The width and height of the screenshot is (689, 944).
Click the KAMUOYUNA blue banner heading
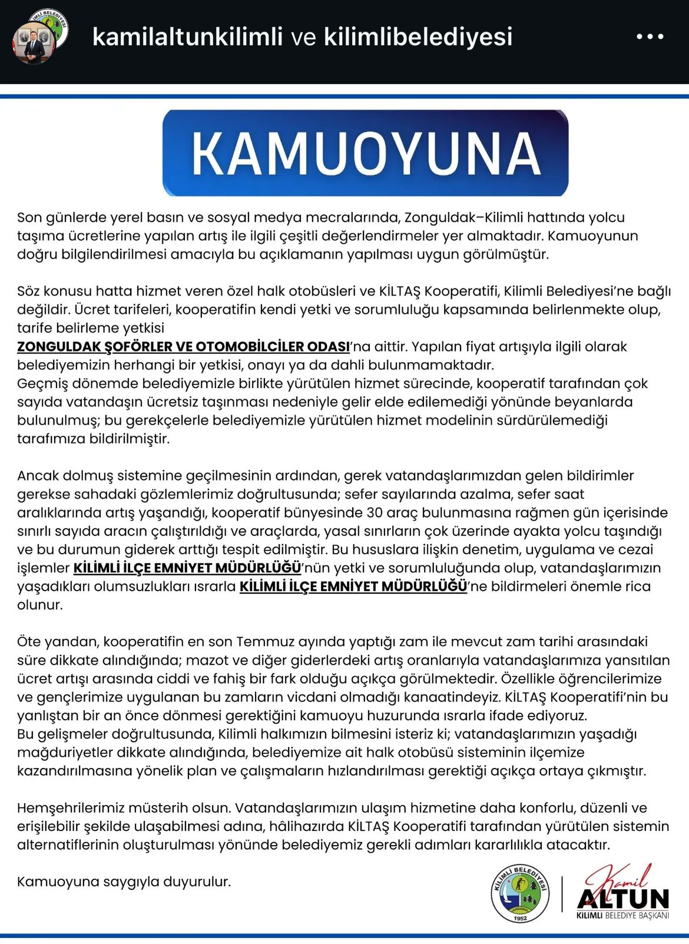point(365,153)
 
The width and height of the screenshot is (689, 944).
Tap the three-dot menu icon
point(650,37)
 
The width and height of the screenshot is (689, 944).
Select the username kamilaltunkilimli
point(188,37)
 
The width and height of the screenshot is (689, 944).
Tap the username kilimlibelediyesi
point(418,37)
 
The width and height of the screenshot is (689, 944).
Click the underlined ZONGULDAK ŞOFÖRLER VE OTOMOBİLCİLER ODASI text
point(183,347)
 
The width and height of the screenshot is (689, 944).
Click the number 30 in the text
point(375,512)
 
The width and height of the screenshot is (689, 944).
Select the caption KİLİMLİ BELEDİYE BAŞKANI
point(623,916)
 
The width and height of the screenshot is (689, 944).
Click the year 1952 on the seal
point(520,917)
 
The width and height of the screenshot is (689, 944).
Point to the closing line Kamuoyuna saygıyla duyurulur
point(124,882)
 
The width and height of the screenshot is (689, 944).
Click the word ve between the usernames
point(304,37)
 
